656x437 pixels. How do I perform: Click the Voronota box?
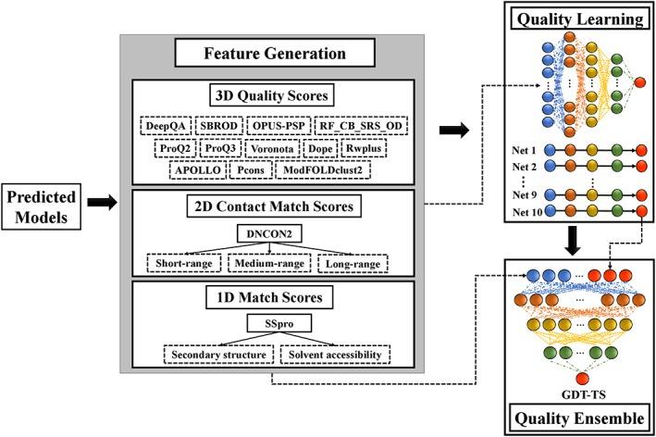pyautogui.click(x=297, y=147)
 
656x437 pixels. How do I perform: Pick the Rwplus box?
pyautogui.click(x=387, y=147)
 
